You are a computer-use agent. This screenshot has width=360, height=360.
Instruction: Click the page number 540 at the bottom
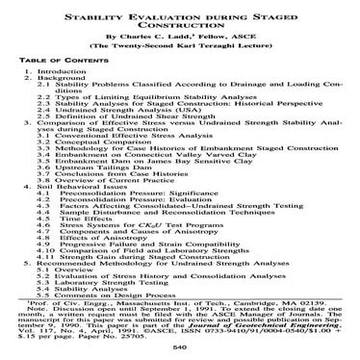[x=180, y=351]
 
